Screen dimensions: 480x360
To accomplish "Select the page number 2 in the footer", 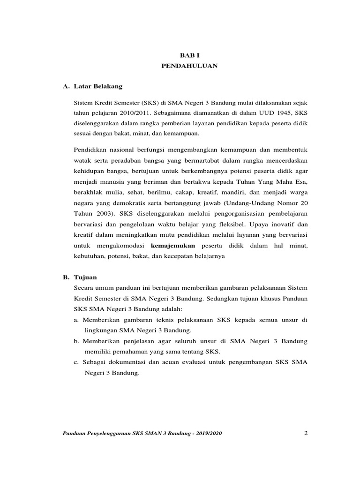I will coord(306,433).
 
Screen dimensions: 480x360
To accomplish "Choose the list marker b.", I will coord(76,341).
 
